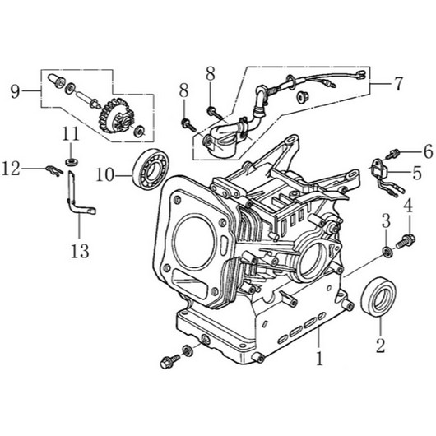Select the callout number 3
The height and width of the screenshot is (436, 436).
(384, 220)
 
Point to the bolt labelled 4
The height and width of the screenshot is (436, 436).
(404, 241)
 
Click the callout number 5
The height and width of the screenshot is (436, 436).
(416, 174)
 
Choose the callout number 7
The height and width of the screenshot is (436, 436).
(398, 83)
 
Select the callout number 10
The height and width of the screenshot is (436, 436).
(104, 174)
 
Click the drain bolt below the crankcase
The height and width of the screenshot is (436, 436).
(171, 359)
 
